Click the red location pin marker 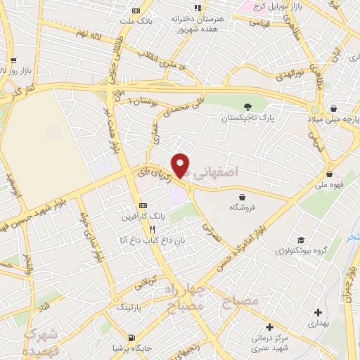[x=181, y=165]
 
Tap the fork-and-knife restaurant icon [x=151, y=229]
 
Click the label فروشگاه [x=243, y=208]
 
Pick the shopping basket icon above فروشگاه [x=243, y=197]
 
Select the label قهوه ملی [x=329, y=186]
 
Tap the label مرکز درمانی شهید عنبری [x=270, y=342]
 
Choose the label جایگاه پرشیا [x=131, y=347]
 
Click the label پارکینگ [x=128, y=307]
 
